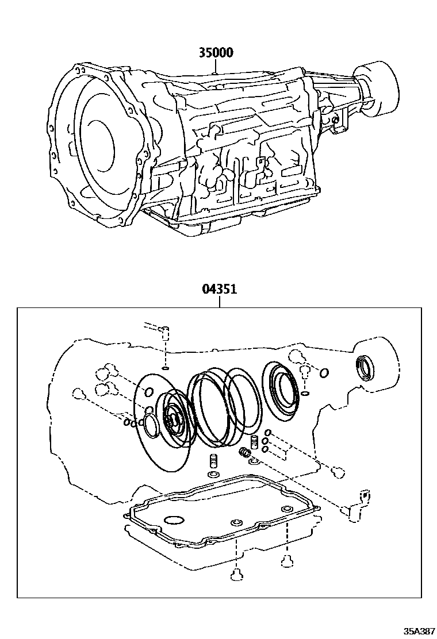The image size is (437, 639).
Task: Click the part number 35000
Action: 216,53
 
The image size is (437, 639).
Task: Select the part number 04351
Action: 219,290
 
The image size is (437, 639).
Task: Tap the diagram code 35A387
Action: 419,631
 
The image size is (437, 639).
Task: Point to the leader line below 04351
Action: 219,302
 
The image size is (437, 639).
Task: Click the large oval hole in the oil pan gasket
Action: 174,521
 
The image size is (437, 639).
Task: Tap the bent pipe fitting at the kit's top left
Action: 158,329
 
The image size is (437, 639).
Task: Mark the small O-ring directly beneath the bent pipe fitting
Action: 165,368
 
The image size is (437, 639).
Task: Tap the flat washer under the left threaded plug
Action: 212,475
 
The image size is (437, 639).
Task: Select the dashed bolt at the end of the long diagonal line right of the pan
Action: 338,472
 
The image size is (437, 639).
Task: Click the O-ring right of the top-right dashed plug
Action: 324,373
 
